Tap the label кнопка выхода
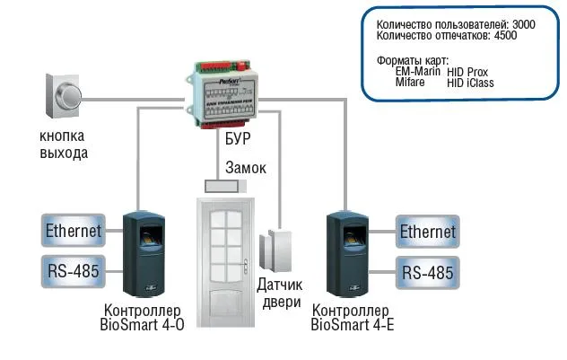[x=63, y=145]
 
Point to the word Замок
[x=245, y=167]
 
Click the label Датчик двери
[x=281, y=293]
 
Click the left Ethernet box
[x=73, y=232]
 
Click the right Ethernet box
[x=428, y=232]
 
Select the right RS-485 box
[x=428, y=271]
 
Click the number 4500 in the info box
[x=504, y=37]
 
